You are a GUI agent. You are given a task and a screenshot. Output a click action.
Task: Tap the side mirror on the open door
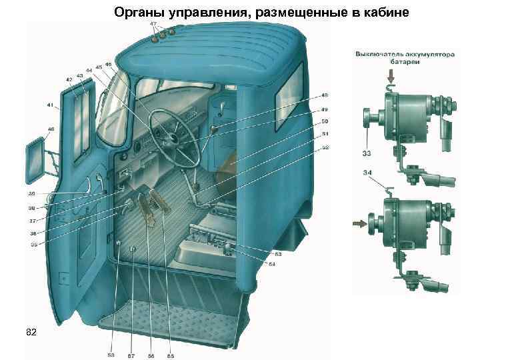tap(38, 159)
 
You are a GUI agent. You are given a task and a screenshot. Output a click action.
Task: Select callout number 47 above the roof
tap(153, 24)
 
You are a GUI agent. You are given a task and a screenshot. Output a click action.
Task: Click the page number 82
tap(31, 331)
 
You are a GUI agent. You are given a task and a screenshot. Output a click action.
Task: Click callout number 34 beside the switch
tap(367, 173)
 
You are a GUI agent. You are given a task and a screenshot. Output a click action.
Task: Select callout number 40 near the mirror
tap(31, 129)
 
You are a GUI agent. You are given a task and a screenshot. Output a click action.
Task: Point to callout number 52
tap(325, 147)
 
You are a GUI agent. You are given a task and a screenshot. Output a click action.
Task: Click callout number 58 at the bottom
tap(111, 355)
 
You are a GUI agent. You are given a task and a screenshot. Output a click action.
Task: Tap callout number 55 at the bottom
tap(170, 355)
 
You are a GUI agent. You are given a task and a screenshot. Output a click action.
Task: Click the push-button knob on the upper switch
tap(367, 121)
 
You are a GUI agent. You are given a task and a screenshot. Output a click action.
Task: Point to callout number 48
tap(325, 95)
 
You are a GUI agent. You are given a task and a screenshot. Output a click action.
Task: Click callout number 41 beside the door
tap(51, 105)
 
